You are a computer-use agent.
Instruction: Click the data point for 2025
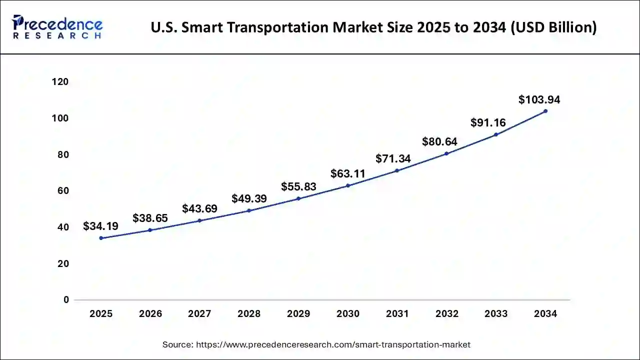coord(101,238)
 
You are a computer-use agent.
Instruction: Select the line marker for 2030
coord(348,185)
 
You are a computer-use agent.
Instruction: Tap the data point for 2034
coord(545,111)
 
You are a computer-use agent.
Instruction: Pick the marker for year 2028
coord(249,210)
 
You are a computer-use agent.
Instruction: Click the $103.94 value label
coord(539,99)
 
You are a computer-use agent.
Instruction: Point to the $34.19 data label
coord(100,226)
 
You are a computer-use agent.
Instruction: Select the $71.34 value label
coord(393,159)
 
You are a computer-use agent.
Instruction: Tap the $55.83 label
coord(298,186)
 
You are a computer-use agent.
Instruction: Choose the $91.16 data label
coord(488,122)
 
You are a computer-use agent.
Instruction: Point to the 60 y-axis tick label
coord(63,191)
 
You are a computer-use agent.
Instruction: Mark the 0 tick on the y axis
coord(66,300)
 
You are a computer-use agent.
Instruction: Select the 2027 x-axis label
coord(199,314)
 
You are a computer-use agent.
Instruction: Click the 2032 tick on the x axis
coord(447,314)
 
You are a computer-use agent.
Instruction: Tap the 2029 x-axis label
coord(298,314)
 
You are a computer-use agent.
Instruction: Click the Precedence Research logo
coord(57,27)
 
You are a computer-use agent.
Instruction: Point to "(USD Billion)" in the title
coord(553,27)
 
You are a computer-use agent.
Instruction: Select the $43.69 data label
coord(199,208)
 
